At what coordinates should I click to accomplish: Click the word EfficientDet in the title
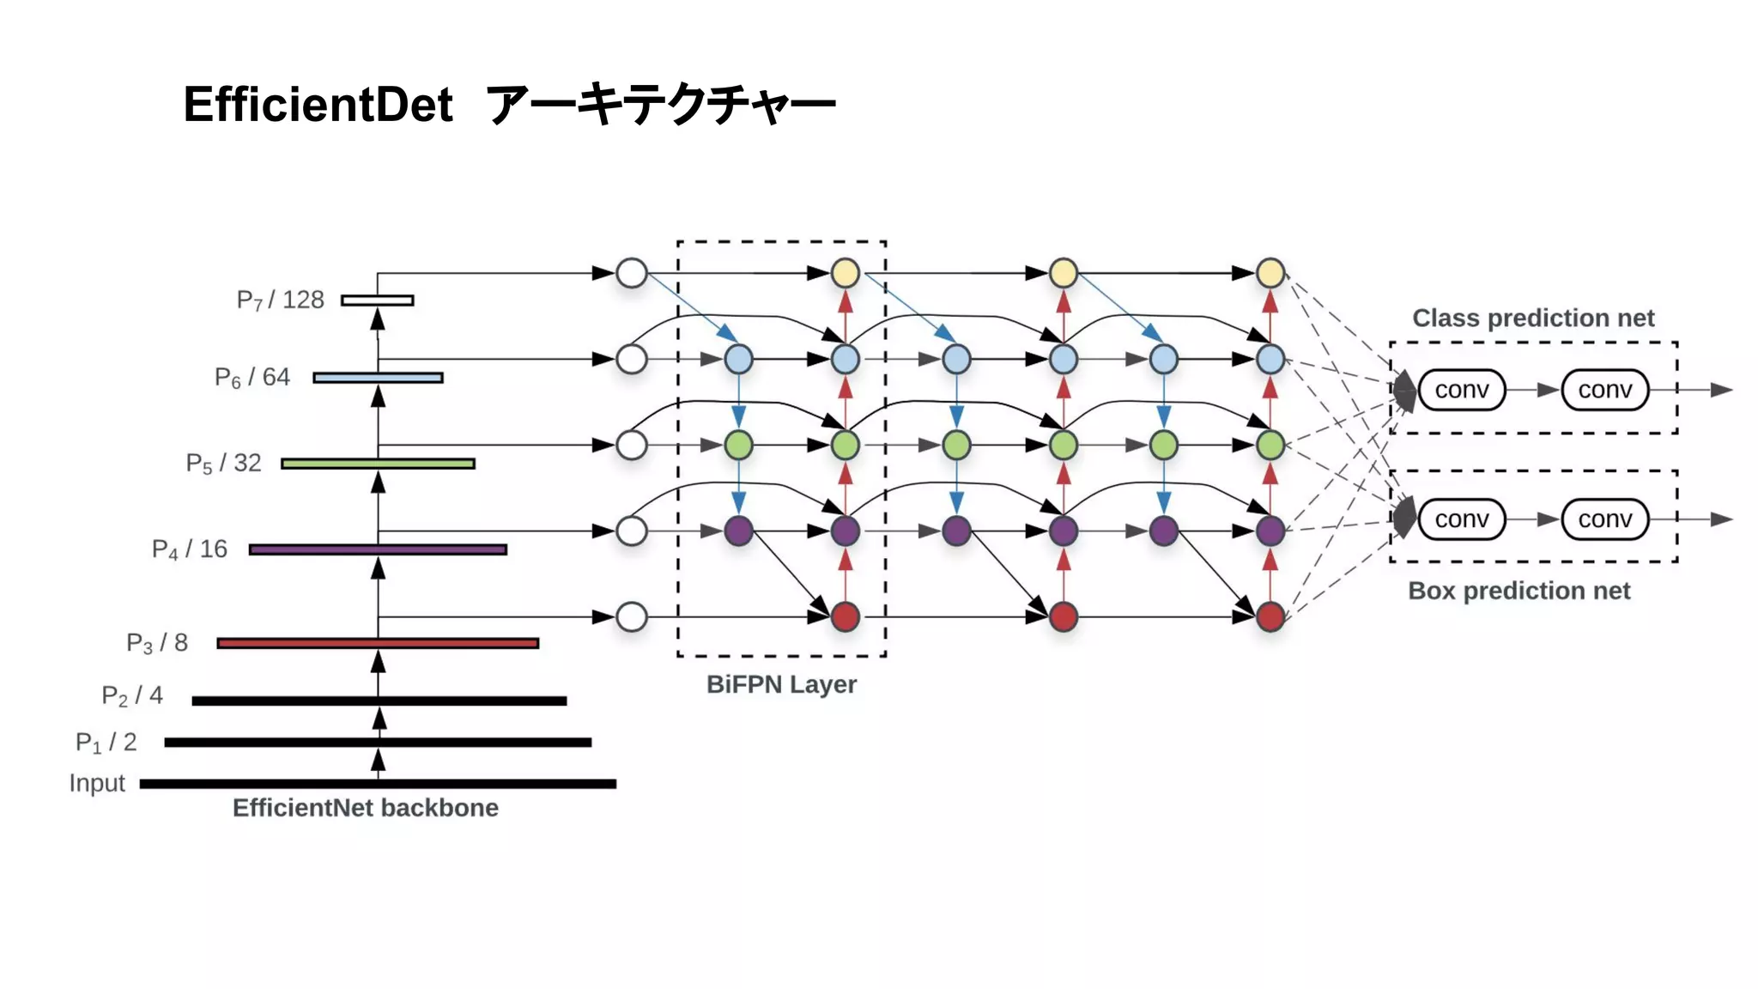(318, 105)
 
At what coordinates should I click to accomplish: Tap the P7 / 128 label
(280, 300)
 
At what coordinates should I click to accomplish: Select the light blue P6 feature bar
(378, 378)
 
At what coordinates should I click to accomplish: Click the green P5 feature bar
(378, 464)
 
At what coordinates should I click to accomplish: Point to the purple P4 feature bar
(378, 549)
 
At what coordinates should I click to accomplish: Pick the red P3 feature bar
(378, 643)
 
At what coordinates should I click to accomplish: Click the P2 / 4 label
(132, 695)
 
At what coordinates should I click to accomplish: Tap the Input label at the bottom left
(97, 783)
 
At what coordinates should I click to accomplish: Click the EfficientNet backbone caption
(365, 808)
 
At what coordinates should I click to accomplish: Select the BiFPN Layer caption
(781, 684)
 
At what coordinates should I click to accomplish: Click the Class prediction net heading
(1533, 318)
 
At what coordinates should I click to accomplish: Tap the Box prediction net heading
(1519, 591)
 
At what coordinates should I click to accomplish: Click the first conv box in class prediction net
(1461, 390)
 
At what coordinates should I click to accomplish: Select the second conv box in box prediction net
(1604, 519)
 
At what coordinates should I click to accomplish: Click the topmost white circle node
(632, 273)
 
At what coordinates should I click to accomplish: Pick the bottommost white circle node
(632, 616)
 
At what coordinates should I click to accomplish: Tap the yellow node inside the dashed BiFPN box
(846, 273)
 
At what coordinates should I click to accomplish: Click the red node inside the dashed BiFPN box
(846, 616)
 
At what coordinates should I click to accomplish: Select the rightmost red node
(1270, 616)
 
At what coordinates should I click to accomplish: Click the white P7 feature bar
(378, 300)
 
